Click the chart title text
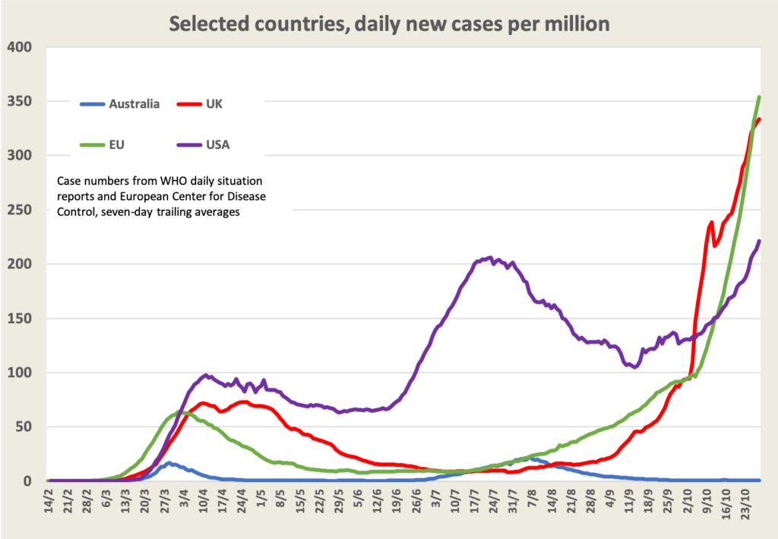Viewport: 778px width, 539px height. [x=389, y=24]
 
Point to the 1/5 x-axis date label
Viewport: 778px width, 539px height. [x=261, y=502]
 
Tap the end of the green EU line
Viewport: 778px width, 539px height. [x=759, y=97]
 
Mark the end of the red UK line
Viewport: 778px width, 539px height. [x=759, y=119]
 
